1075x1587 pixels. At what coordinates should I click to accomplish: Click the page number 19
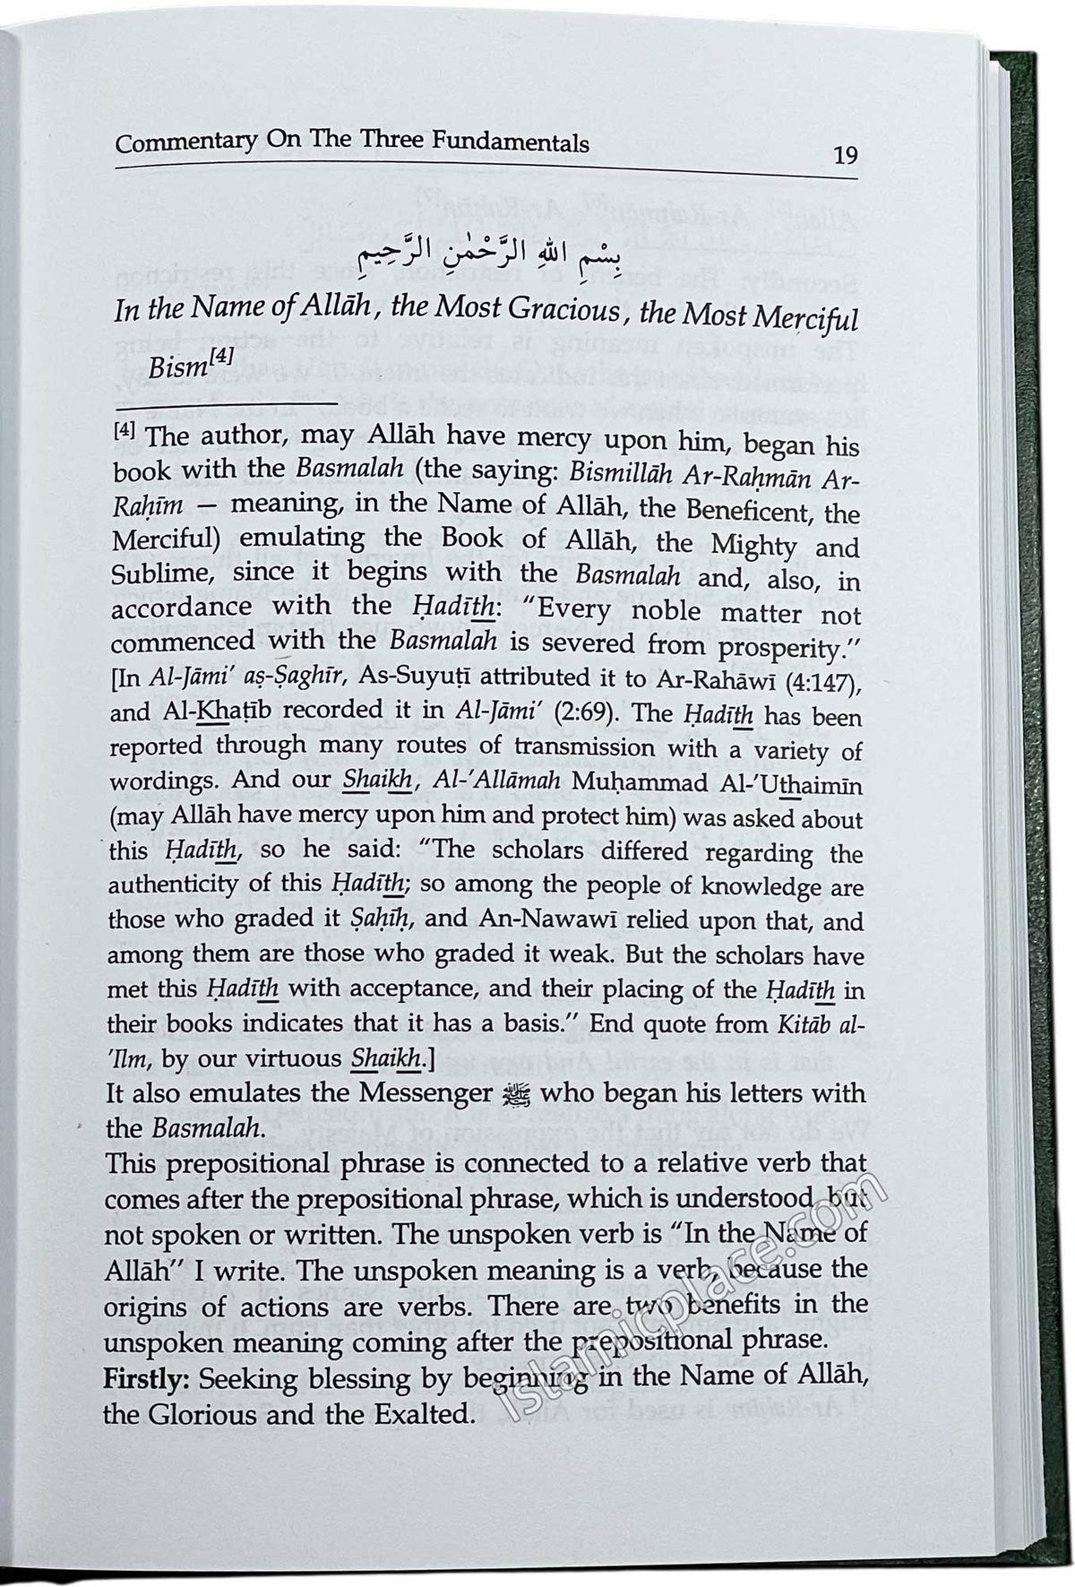tap(845, 156)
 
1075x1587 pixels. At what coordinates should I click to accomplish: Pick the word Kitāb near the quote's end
tap(812, 1024)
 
